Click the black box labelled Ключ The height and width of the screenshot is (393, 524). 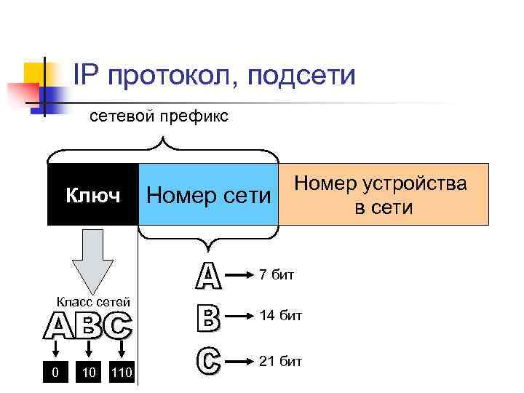[x=92, y=195]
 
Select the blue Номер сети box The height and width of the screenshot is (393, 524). [x=208, y=195]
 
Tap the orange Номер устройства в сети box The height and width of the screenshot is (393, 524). [x=384, y=195]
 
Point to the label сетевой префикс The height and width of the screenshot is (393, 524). [x=158, y=116]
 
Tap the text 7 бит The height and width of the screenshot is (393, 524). [x=277, y=274]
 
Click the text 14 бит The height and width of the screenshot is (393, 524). [x=280, y=316]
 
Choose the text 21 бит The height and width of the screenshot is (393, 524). [x=280, y=361]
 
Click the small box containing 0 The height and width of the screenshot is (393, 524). [x=55, y=373]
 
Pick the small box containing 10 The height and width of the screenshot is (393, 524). [x=89, y=373]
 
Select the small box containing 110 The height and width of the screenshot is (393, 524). [x=121, y=373]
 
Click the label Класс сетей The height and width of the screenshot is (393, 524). [x=93, y=302]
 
